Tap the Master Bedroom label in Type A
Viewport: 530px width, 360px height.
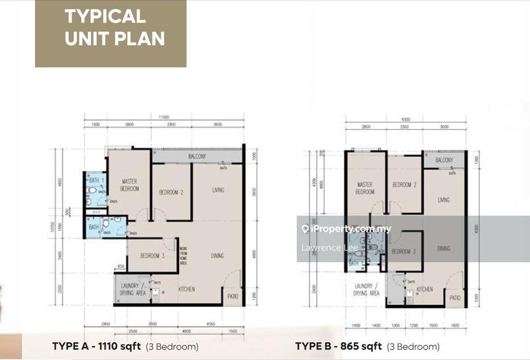(129, 184)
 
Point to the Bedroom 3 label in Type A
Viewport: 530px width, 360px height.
(152, 256)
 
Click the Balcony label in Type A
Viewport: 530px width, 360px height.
(197, 156)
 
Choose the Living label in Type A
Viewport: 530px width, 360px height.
(218, 190)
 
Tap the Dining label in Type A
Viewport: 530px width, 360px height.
(217, 255)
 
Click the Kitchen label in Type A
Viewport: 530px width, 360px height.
(186, 289)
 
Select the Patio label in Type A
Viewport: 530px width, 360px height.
(232, 296)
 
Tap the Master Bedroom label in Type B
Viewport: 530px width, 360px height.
(365, 188)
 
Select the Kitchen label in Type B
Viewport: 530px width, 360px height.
(425, 289)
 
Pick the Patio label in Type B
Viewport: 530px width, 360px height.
(454, 298)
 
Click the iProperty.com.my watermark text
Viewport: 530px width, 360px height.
(350, 229)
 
